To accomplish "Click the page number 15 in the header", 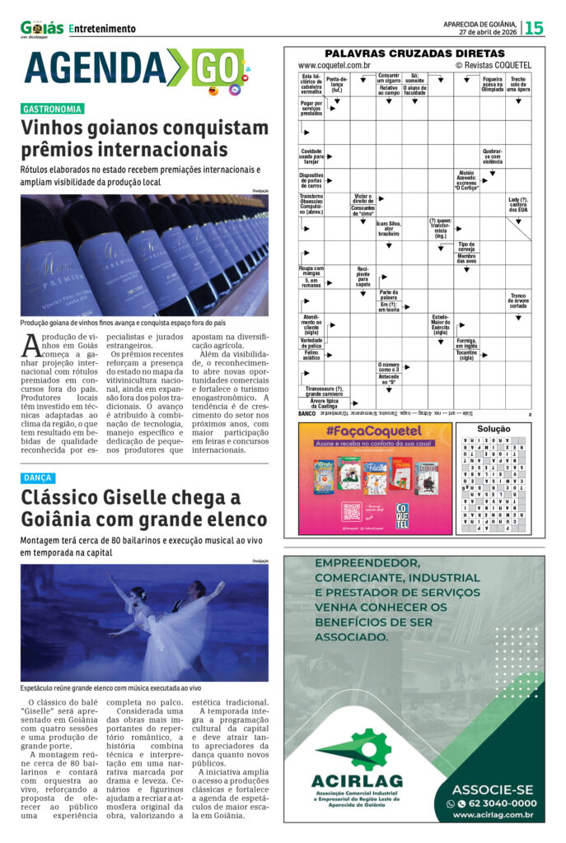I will point(535,28).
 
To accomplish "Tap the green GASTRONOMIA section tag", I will point(53,109).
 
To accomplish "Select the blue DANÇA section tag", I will point(38,477).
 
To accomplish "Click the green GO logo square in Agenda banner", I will point(218,67).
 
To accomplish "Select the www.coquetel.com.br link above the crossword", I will point(334,65).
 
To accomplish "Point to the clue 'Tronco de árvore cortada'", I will point(518,301).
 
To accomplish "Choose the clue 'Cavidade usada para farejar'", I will point(311,156).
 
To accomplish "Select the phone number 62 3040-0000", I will point(495,803).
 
